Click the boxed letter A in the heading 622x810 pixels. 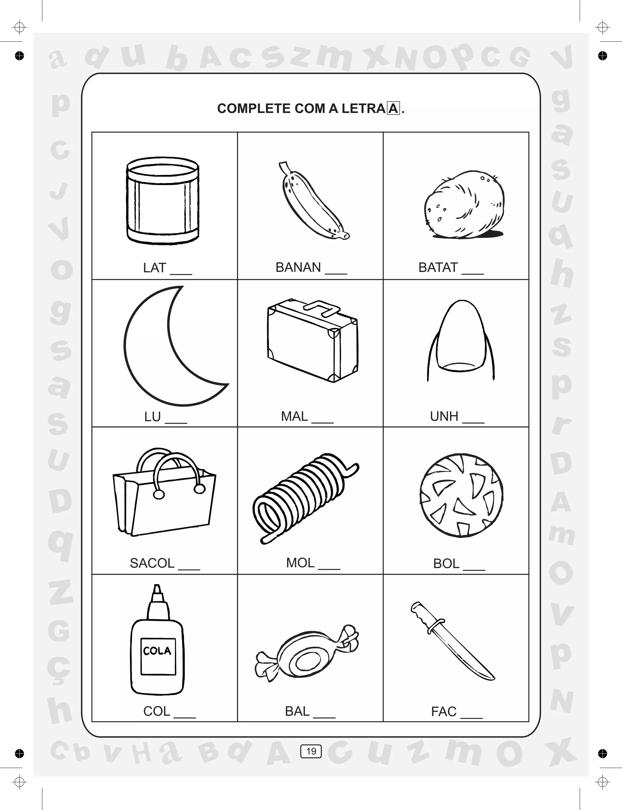[x=393, y=108]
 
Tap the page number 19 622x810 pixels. [x=311, y=751]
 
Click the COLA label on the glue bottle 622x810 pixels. [x=157, y=651]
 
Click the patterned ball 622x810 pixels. [x=461, y=495]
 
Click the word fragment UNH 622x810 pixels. [x=444, y=416]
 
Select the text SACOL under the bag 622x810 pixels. [x=152, y=563]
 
